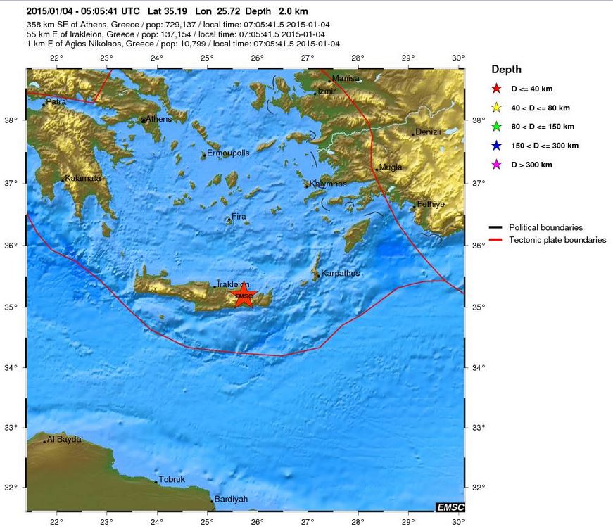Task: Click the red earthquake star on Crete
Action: pos(243,296)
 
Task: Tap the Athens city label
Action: pos(158,119)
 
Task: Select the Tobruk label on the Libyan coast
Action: pos(172,480)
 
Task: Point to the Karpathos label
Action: pos(340,273)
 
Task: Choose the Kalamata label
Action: pos(82,178)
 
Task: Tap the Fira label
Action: pos(239,217)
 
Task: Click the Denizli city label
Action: pos(427,132)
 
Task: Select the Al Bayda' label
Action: pos(65,440)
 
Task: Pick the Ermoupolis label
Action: pos(228,153)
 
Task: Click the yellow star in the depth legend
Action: pos(496,108)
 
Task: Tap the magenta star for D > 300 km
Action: pos(496,165)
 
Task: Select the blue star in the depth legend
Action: pos(496,146)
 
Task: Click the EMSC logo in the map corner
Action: pos(450,507)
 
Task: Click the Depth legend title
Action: pos(506,70)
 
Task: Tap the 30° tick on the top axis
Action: pos(458,58)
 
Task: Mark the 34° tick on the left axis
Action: pos(15,367)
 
